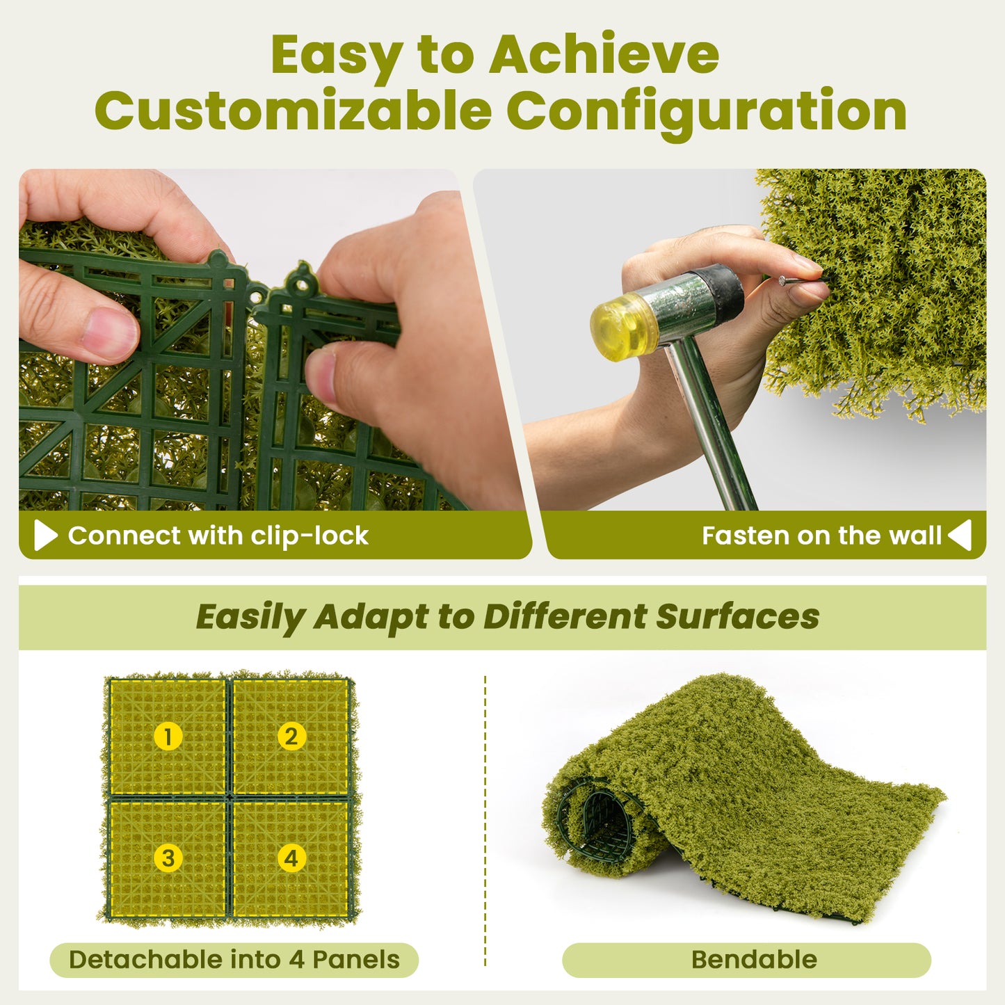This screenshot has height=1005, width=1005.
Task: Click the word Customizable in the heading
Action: click(x=293, y=111)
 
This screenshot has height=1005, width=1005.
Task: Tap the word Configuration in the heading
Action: click(x=706, y=111)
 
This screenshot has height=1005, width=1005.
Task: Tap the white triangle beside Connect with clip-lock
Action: click(x=45, y=536)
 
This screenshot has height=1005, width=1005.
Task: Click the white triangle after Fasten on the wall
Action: click(x=960, y=536)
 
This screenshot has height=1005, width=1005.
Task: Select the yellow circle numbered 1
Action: click(x=168, y=736)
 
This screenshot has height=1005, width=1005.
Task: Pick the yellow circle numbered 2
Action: click(x=291, y=736)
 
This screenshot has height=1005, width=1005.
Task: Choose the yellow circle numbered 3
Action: click(x=168, y=858)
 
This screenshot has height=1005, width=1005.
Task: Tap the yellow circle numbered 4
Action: click(x=291, y=858)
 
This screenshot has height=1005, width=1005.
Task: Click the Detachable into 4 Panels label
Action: click(x=234, y=960)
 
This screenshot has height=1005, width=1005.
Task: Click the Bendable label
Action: click(x=753, y=960)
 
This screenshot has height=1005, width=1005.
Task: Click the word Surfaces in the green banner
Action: click(x=737, y=617)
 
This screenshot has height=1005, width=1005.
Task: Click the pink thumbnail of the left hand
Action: click(x=109, y=332)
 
